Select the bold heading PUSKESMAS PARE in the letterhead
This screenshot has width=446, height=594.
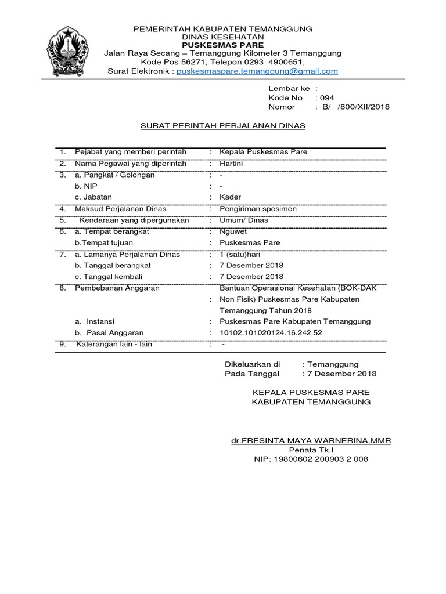click(223, 45)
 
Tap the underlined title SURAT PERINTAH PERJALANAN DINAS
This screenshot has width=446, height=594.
click(224, 125)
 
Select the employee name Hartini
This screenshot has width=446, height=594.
click(231, 164)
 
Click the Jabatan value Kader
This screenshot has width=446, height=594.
click(230, 197)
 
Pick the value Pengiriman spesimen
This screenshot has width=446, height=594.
click(258, 208)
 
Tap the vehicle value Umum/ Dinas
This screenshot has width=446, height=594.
click(240, 220)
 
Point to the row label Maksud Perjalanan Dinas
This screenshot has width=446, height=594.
click(121, 208)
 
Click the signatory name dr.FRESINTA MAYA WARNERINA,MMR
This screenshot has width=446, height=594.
click(311, 441)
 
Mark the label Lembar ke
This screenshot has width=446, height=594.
click(289, 89)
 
